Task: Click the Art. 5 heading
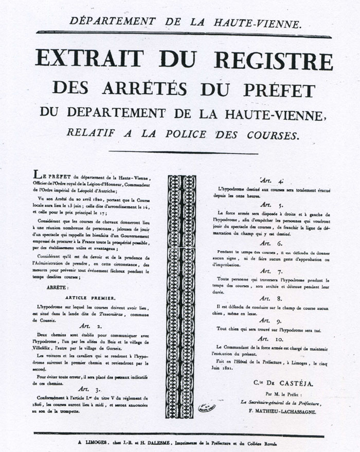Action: (x=264, y=205)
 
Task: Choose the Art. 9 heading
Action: (x=264, y=321)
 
